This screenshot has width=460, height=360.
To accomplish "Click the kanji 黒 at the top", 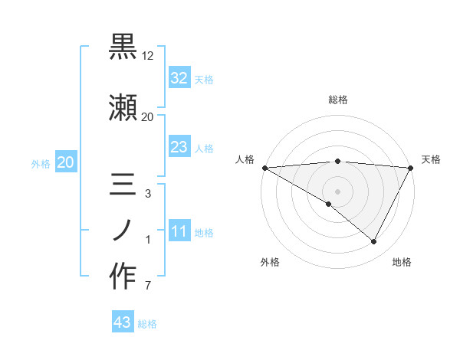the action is [123, 47].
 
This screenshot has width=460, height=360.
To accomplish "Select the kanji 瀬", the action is [123, 106].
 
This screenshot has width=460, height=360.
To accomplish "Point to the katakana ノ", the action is [123, 230].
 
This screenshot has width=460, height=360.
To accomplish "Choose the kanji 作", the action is [123, 276].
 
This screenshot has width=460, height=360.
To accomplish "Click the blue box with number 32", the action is [179, 78].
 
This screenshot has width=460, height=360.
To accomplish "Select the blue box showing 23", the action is [179, 148].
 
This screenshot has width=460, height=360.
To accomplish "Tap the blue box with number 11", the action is [179, 232].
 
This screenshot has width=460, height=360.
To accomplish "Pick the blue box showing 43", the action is [123, 323].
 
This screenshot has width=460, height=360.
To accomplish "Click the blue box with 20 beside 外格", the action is [65, 162].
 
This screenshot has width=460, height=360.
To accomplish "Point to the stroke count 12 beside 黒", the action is [148, 56].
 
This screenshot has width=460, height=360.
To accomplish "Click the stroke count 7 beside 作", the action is [147, 286].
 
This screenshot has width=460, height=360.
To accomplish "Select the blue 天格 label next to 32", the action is [204, 80].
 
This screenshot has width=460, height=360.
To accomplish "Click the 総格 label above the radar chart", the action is [337, 100].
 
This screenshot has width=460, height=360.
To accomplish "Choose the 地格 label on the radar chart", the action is [402, 262].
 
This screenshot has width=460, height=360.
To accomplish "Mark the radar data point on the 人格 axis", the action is [264, 167].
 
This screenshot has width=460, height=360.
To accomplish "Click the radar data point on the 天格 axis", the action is [410, 167].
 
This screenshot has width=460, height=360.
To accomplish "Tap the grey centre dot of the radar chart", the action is [337, 191].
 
